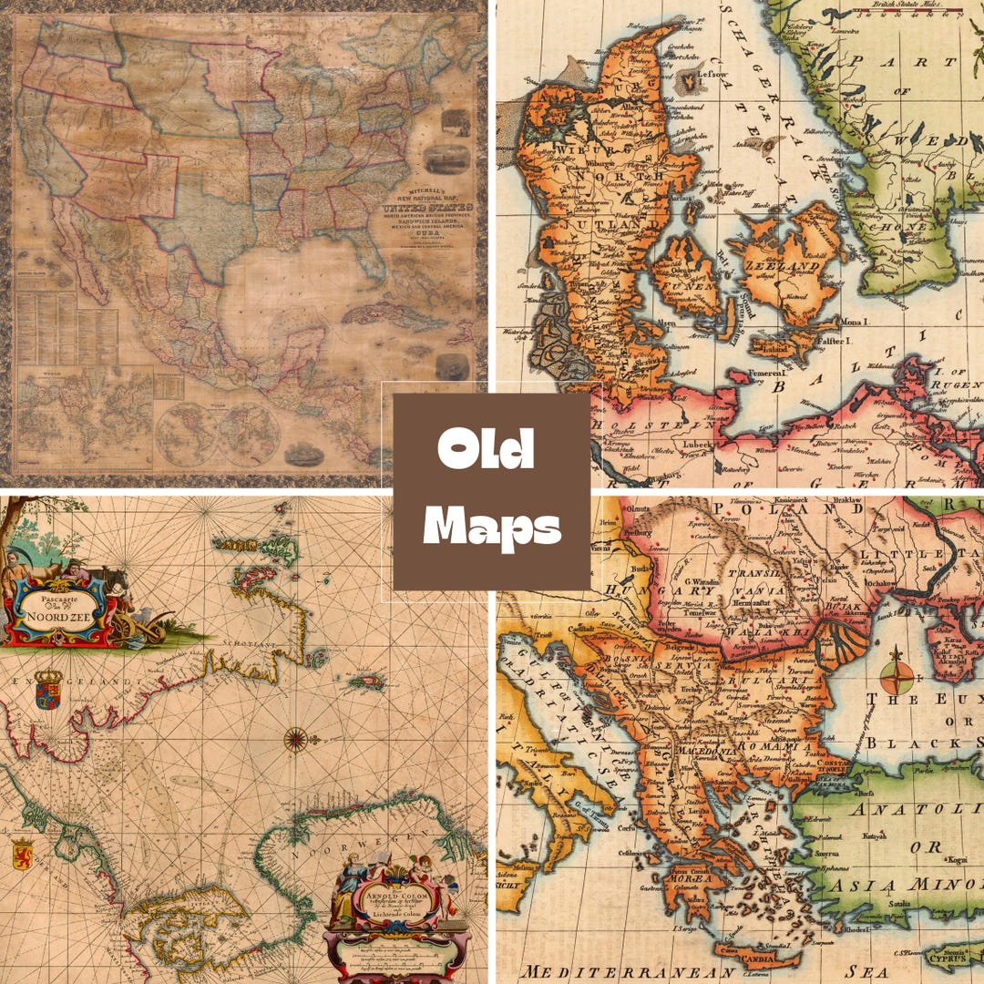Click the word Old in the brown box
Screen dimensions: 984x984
click(x=485, y=450)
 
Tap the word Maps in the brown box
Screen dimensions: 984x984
click(x=492, y=527)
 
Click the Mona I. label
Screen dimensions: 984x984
click(x=854, y=323)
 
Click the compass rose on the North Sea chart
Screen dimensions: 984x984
click(x=295, y=738)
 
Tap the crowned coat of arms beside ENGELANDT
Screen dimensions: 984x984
click(x=48, y=690)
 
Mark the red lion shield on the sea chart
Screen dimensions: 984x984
click(x=22, y=855)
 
